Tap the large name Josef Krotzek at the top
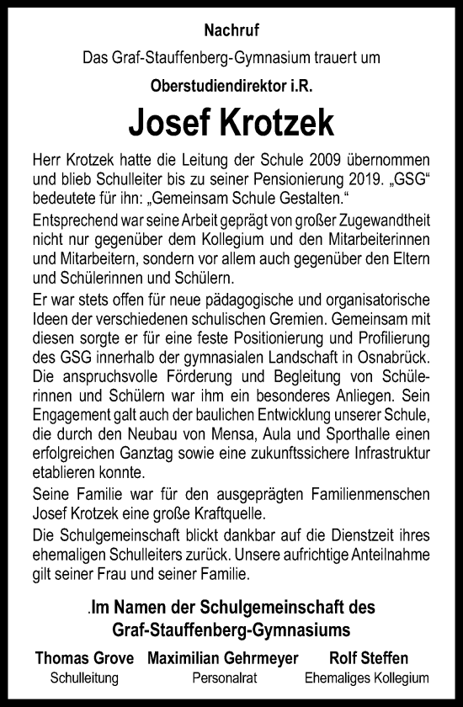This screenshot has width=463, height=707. [231, 124]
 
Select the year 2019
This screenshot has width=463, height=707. [357, 178]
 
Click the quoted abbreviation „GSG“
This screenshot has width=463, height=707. [412, 178]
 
